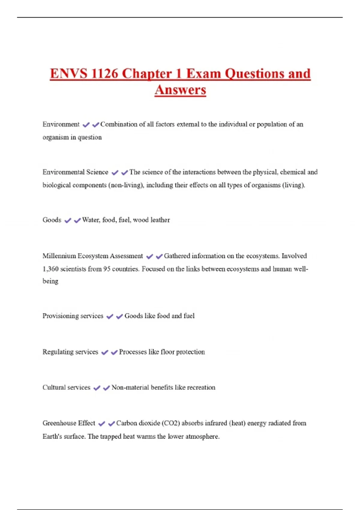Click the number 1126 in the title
point(104,74)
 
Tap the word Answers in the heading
point(180,90)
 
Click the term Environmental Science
point(75,172)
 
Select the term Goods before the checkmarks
point(52,220)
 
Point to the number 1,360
point(50,269)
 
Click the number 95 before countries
point(107,269)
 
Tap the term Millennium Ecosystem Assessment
point(93,256)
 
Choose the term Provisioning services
point(73,316)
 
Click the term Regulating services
point(70,352)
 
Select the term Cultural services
point(66,388)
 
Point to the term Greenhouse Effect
point(69,423)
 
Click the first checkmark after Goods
point(68,220)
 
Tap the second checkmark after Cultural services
point(106,388)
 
